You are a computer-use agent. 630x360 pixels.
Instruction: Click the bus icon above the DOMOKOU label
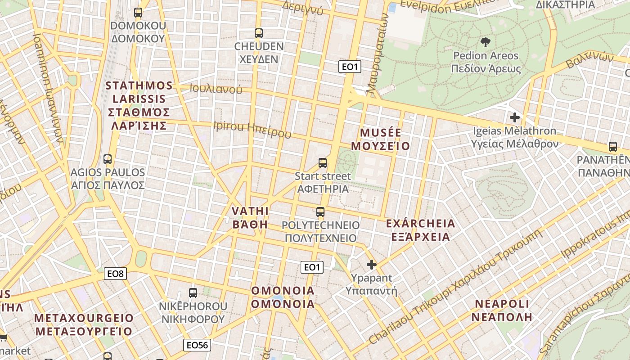[138, 13]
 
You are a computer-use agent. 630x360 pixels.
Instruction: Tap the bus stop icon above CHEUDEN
[258, 33]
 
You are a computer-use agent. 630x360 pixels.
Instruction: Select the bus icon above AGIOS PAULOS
[108, 159]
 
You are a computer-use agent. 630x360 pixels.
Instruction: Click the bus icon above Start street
[323, 162]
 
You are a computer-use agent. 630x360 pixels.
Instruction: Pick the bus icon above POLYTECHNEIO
[320, 211]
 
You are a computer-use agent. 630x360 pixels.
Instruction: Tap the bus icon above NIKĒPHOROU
[193, 292]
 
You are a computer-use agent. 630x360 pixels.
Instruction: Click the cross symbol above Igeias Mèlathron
[515, 117]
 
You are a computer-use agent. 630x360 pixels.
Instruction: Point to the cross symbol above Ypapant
[371, 264]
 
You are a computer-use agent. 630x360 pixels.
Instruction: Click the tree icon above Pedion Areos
[486, 42]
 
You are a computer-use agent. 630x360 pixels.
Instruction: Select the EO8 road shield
[116, 273]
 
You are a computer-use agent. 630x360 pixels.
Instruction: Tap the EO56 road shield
[198, 345]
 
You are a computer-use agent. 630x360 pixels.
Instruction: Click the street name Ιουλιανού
[216, 89]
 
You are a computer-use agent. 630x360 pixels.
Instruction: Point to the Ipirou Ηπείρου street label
[252, 129]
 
